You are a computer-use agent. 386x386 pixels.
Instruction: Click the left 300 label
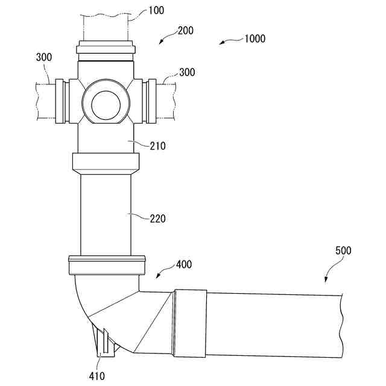tap(43, 57)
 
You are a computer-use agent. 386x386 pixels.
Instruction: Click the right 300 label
tap(186, 72)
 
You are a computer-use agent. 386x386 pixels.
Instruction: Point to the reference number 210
tap(157, 145)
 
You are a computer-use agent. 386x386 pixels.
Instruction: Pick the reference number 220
tap(157, 218)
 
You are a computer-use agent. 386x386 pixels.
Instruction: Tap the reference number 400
tap(184, 264)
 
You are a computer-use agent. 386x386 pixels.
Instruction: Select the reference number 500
tap(343, 250)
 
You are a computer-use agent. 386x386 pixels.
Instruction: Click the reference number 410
tap(96, 376)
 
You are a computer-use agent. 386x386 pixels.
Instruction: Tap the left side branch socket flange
tap(60, 101)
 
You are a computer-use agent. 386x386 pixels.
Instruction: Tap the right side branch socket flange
tap(151, 101)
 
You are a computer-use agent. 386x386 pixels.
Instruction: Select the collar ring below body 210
tap(106, 162)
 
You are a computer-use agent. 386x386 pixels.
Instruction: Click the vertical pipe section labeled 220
tap(106, 214)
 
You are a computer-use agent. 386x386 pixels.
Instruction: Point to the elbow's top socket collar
tap(107, 265)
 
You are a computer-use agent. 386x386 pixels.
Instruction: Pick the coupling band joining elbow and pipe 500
tap(190, 323)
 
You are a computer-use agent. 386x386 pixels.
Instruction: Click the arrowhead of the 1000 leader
tap(221, 43)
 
